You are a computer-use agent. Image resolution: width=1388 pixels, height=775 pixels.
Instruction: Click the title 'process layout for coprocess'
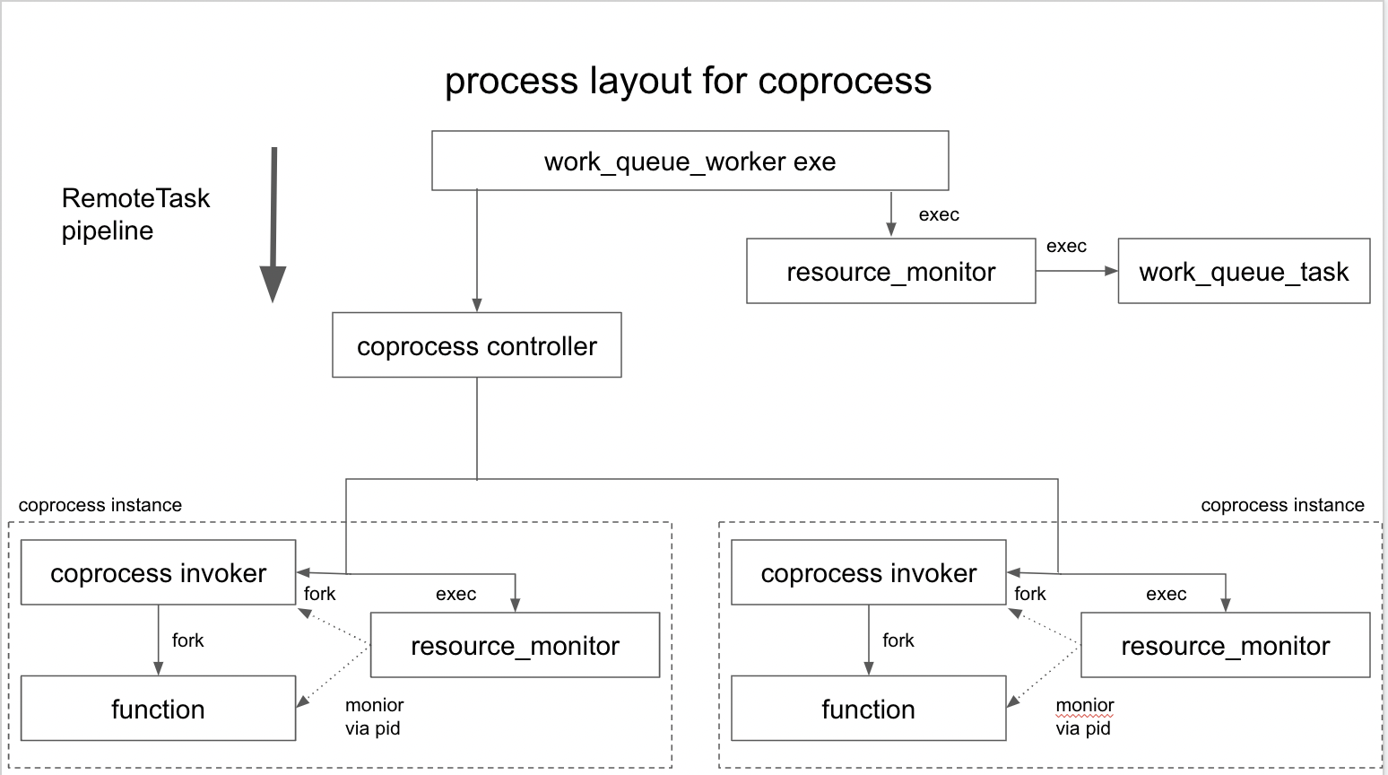pyautogui.click(x=688, y=81)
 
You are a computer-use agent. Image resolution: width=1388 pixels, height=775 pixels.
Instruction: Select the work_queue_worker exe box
pyautogui.click(x=690, y=161)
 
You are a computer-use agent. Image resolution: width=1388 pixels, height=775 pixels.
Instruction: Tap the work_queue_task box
pyautogui.click(x=1243, y=272)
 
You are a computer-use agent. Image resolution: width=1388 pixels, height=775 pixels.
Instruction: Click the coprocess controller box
pyautogui.click(x=476, y=346)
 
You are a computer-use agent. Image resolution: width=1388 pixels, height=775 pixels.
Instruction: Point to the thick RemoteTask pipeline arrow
pyautogui.click(x=273, y=224)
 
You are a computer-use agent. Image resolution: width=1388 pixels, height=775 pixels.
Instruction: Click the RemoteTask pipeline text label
pyautogui.click(x=135, y=214)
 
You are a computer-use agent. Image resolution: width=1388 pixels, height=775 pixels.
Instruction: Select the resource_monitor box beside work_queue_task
pyautogui.click(x=890, y=272)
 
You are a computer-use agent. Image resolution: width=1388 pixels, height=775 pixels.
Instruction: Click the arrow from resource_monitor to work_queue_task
pyautogui.click(x=1076, y=271)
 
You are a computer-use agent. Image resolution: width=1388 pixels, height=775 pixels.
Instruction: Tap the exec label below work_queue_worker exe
pyautogui.click(x=939, y=215)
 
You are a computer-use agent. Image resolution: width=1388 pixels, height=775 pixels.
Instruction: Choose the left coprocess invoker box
pyautogui.click(x=158, y=573)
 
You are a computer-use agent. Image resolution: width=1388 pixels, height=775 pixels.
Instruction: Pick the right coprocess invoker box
pyautogui.click(x=868, y=573)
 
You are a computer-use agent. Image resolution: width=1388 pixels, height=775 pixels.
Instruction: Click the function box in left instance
pyautogui.click(x=158, y=710)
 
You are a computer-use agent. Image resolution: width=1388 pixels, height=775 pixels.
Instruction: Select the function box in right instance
pyautogui.click(x=868, y=710)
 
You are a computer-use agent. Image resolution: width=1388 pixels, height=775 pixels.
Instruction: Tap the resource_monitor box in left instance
pyautogui.click(x=515, y=646)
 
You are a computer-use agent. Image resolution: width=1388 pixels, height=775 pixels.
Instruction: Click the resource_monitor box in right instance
pyautogui.click(x=1225, y=646)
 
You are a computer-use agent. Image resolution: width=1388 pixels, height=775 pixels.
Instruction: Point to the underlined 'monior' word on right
pyautogui.click(x=1084, y=705)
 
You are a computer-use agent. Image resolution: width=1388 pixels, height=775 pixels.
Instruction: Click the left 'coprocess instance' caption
pyautogui.click(x=100, y=505)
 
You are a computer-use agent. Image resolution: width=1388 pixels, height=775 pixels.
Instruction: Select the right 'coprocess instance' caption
pyautogui.click(x=1282, y=505)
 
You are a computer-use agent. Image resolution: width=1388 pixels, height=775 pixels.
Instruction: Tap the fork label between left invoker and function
pyautogui.click(x=187, y=640)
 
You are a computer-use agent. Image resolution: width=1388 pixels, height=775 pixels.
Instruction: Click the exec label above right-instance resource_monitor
pyautogui.click(x=1166, y=594)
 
